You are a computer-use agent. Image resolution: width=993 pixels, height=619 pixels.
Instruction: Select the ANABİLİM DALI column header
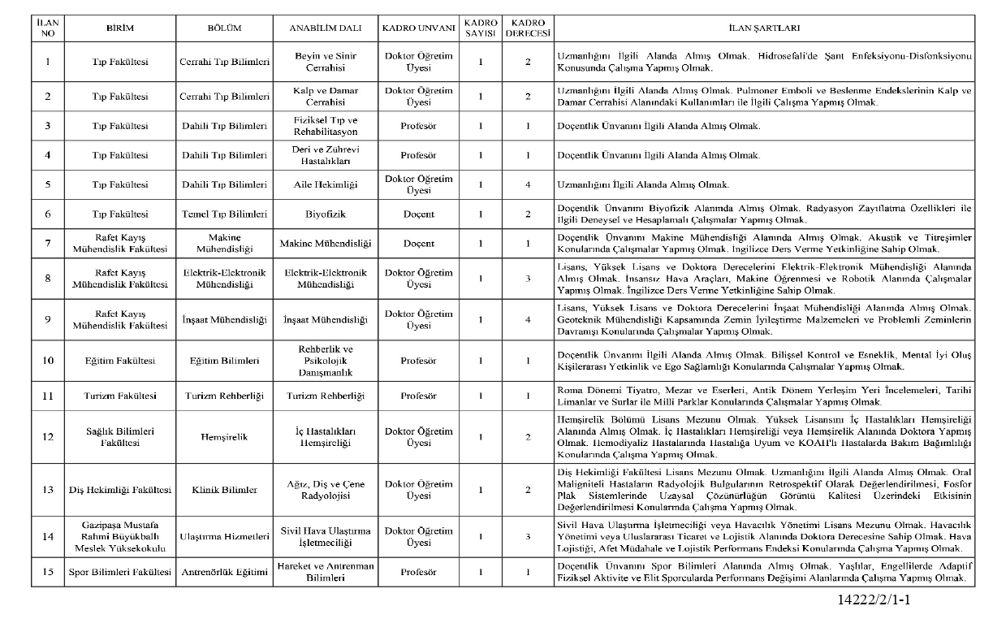pos(325,28)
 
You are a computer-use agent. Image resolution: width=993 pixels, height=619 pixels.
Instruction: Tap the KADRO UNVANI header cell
pos(417,28)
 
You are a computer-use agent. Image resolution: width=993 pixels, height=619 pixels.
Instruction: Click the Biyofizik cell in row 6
pos(325,214)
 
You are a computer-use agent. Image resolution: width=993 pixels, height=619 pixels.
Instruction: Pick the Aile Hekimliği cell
pos(325,184)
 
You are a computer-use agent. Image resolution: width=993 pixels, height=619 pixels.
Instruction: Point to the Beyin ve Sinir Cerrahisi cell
pos(325,62)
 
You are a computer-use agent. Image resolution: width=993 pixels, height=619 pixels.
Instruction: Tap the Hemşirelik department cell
pos(224,436)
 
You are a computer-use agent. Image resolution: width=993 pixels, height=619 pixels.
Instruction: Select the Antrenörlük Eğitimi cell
pos(224,572)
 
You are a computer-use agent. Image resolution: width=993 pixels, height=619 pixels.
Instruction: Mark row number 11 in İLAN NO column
pos(48,396)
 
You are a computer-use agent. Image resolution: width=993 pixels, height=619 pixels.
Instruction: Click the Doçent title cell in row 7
pos(417,243)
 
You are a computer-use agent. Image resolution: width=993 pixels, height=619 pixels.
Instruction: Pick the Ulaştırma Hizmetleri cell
pos(224,536)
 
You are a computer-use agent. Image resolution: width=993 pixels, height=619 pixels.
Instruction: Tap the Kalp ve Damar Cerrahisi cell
pos(325,97)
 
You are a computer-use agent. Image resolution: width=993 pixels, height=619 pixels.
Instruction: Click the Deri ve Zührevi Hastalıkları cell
pos(325,155)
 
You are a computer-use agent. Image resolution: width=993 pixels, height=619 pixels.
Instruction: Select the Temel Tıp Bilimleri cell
pos(224,214)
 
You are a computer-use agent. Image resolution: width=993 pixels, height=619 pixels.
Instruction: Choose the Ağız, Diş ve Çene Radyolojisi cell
pos(325,490)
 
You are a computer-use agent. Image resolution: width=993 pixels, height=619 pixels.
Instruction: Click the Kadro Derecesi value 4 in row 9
pos(527,319)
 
